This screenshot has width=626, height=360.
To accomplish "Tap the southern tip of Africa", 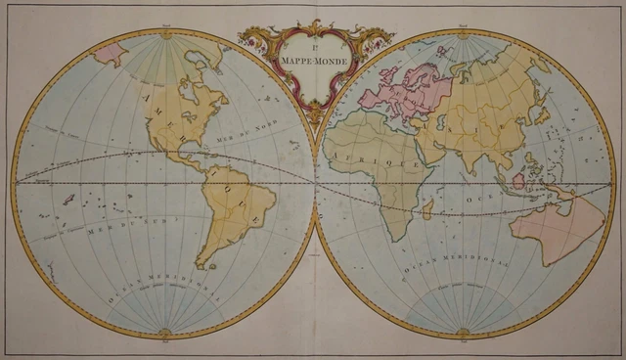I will [388, 239].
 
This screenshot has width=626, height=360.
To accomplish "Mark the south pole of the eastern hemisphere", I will [464, 333].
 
